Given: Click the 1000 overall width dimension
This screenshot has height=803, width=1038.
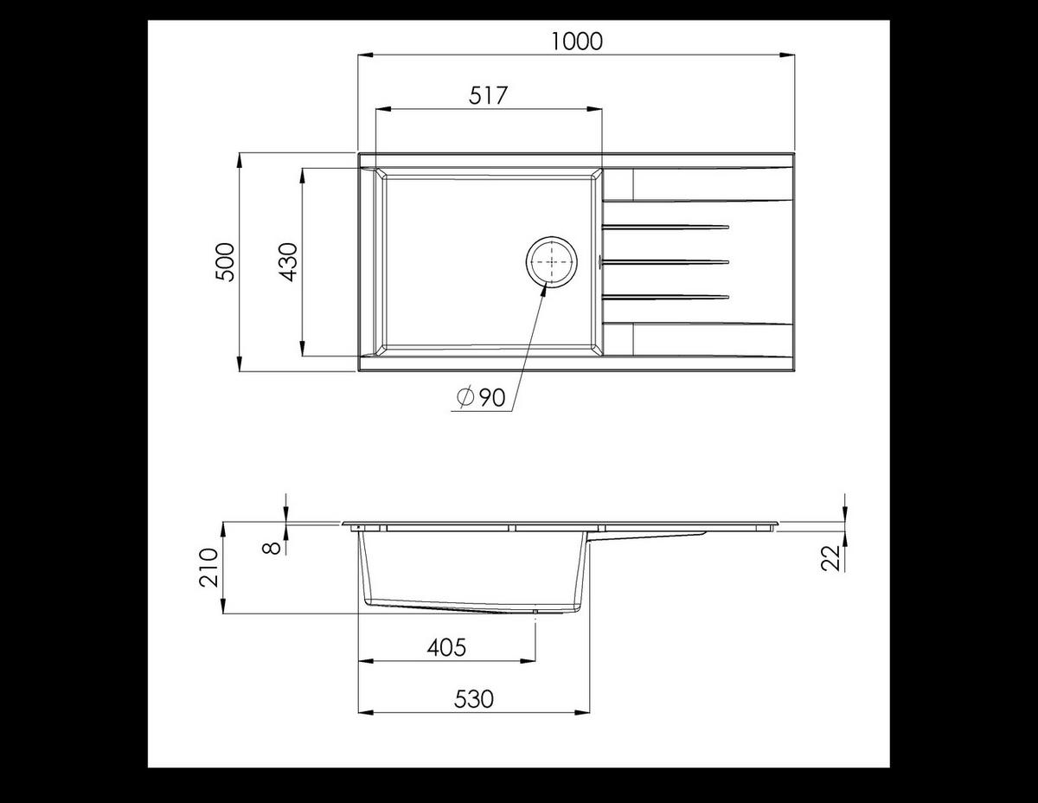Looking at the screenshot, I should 576,41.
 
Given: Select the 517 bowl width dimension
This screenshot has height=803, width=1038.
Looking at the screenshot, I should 488,95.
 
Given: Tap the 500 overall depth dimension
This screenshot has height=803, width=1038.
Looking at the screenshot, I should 224,261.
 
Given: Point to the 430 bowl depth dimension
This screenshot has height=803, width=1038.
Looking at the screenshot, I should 288,261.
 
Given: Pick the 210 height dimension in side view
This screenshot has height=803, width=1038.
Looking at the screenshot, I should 208,568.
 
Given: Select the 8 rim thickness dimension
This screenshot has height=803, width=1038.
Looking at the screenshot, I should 271,547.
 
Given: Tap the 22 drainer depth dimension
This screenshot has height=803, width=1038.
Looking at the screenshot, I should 831,559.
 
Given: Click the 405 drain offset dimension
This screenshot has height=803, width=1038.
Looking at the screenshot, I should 446,646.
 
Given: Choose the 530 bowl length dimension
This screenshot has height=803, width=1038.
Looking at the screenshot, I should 474,698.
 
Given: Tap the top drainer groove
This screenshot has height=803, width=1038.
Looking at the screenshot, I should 666,228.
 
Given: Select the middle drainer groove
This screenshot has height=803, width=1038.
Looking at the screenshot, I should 666,261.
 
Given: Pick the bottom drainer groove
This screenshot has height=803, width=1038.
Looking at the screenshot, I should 666,297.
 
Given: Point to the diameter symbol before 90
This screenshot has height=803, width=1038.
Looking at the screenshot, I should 465,398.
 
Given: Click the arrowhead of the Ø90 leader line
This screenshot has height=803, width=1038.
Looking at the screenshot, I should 544,290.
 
